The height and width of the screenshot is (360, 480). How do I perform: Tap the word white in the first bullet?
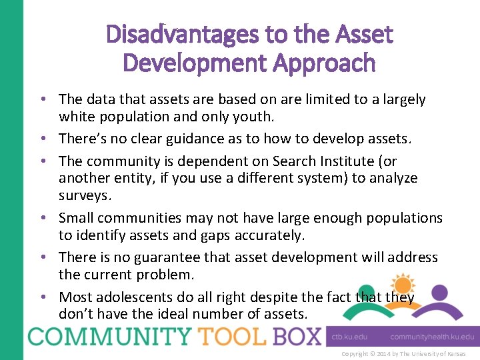pos(76,117)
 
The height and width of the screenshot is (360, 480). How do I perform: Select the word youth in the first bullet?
pos(255,117)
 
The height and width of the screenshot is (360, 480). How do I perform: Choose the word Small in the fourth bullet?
pos(76,218)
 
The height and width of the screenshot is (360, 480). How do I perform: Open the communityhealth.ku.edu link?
pos(432,338)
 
